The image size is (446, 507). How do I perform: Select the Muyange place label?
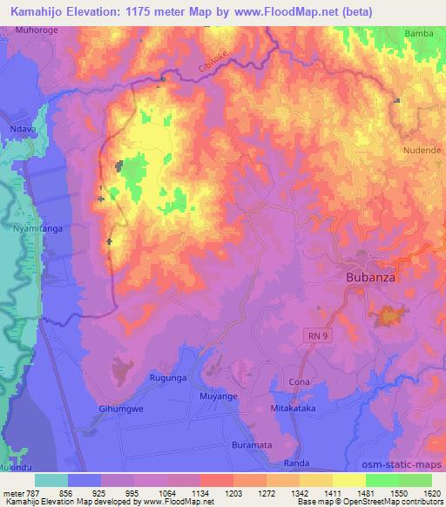218,395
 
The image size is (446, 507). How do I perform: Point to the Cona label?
299,382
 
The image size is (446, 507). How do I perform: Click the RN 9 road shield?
315,335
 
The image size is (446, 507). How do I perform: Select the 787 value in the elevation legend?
34,493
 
